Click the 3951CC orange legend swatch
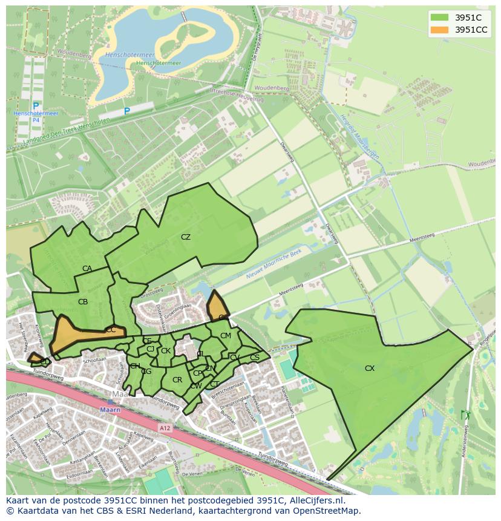click(x=440, y=30)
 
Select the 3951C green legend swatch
click(x=440, y=18)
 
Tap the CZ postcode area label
click(x=186, y=237)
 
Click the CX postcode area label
click(x=370, y=368)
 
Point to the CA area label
click(x=87, y=269)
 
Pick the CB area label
click(x=83, y=301)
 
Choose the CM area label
click(x=225, y=336)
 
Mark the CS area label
click(x=254, y=358)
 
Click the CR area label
click(x=177, y=380)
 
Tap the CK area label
click(x=165, y=351)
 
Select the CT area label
click(x=214, y=384)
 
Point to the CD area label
click(x=45, y=361)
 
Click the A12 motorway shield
click(x=165, y=427)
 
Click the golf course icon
click(x=465, y=415)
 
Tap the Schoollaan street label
click(x=95, y=359)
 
